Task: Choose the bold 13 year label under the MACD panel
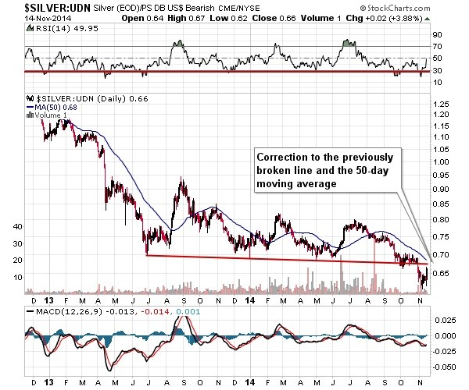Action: pos(48,381)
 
